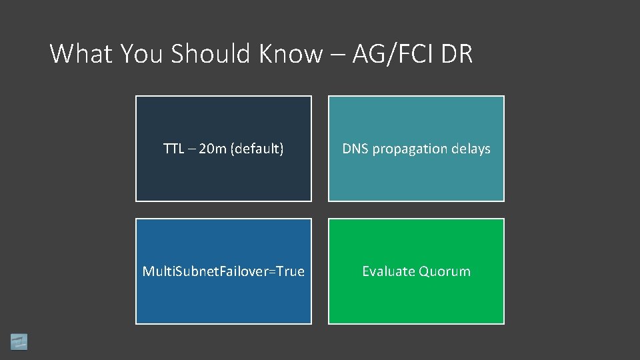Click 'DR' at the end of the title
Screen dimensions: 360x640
(457, 53)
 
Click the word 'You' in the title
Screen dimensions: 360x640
(142, 53)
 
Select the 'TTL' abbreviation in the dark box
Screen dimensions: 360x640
(174, 149)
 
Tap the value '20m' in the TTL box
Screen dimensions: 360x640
(213, 149)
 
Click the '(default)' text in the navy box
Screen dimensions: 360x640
(257, 149)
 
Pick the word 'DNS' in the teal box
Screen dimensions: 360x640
(355, 149)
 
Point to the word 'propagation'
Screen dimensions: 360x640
(411, 149)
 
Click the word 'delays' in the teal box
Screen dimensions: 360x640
(471, 149)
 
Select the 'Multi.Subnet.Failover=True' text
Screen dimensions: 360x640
(223, 271)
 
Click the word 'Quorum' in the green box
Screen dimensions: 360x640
(444, 271)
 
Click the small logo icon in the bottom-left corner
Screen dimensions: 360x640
(19, 341)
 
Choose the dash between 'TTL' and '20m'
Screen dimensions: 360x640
(193, 149)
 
